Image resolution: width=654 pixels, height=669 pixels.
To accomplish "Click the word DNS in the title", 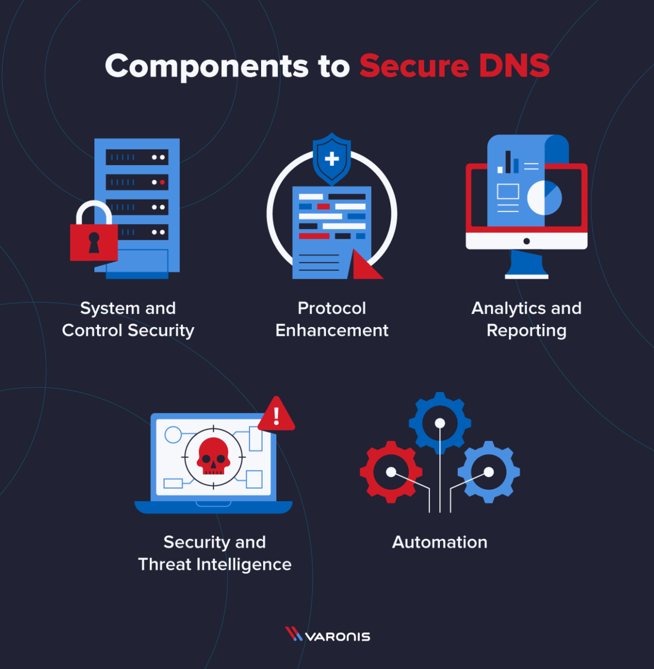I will coord(514,67).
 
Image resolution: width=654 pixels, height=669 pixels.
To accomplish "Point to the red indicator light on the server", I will coord(162,182).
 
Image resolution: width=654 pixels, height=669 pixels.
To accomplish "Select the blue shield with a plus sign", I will coord(331,159).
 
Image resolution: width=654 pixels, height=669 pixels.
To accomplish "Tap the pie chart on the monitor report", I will coord(544,197).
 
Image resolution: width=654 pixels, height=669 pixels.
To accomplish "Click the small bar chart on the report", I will coord(508,163).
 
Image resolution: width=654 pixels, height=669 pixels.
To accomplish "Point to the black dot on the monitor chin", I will coord(526,241).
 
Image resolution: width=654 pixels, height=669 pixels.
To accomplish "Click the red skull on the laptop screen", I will coord(213,456).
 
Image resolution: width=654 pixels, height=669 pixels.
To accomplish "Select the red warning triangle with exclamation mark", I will coord(276,415).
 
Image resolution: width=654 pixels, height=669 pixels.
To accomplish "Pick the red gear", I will coord(391,472).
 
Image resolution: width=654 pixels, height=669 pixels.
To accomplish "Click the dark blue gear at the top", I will coord(440,423).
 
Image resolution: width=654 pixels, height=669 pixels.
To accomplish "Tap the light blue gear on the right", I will coord(489,472).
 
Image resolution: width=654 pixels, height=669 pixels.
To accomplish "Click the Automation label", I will coord(440,542).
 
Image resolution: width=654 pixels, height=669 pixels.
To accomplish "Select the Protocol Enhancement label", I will coord(332,319).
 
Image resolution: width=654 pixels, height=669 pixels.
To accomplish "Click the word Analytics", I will coord(510,309).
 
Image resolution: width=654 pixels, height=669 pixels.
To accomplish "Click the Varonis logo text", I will coord(337,636).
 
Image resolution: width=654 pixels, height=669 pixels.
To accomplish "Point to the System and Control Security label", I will coord(128,319).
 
